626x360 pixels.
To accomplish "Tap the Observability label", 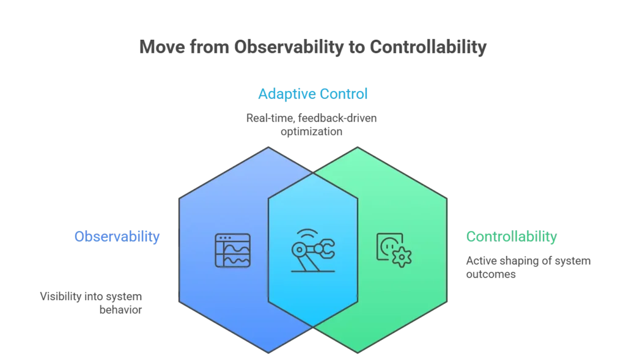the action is coord(117,237).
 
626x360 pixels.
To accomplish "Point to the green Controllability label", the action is coord(511,237).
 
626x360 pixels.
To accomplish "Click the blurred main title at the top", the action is coord(312,46).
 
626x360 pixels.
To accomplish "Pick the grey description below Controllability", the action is coord(528,266).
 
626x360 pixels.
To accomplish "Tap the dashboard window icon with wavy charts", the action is coord(232,250).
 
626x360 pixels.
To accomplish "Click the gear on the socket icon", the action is coord(402,258).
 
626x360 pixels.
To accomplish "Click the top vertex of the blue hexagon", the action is coord(268,147).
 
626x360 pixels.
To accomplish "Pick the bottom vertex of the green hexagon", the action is coord(358,353).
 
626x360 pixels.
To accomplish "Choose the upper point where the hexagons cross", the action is coord(313,173).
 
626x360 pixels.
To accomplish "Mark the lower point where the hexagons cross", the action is coord(313,326).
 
